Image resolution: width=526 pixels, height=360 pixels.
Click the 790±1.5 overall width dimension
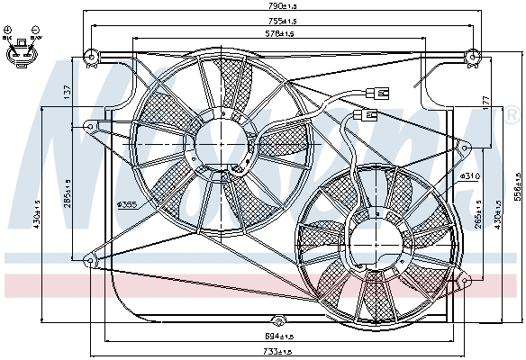point(281,7)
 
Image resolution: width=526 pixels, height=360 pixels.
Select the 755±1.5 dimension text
point(281,21)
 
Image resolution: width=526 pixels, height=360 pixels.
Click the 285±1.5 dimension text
point(68,200)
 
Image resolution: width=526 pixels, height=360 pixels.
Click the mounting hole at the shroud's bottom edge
point(279,320)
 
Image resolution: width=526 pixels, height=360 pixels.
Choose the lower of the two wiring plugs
point(367,115)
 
